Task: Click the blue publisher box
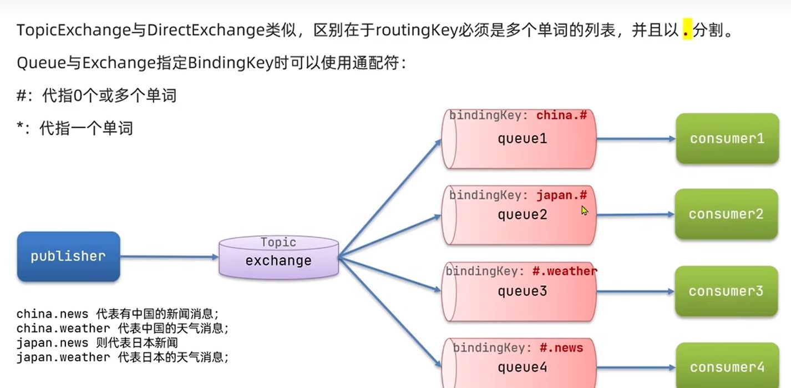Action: (68, 256)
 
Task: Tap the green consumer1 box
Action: (727, 138)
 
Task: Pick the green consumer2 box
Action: (726, 214)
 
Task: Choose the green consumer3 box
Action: (726, 291)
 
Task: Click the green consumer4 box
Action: (727, 366)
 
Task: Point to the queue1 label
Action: (522, 138)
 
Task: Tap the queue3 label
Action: (522, 291)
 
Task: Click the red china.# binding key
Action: (561, 115)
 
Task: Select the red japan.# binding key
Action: (561, 195)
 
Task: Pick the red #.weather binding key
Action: (565, 271)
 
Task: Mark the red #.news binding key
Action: (561, 348)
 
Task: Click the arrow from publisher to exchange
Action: (169, 256)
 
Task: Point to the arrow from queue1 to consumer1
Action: (636, 139)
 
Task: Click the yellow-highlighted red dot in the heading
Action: (687, 31)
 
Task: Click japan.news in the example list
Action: (52, 342)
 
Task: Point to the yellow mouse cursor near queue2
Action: (584, 210)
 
